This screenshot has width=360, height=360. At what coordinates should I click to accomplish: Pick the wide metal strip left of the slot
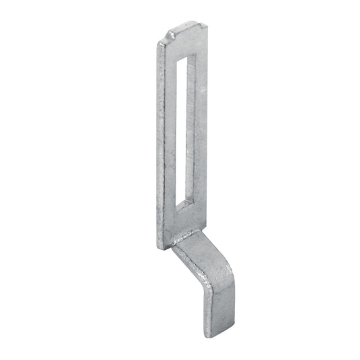point(172,135)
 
